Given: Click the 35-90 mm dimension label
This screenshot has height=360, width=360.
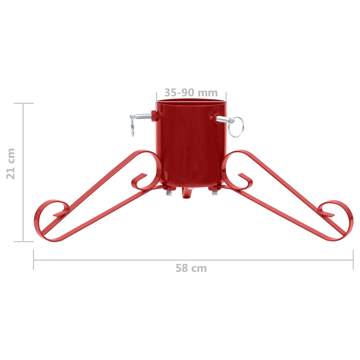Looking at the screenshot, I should tap(191, 93).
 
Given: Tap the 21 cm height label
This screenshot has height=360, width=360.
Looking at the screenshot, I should tap(11, 163).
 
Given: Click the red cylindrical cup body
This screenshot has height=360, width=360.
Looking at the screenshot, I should tap(190, 144).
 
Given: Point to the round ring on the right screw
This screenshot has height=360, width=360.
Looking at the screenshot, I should tap(236, 127).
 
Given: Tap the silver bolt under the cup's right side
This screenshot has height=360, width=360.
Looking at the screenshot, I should tap(214, 192).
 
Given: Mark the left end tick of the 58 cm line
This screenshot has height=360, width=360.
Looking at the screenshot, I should tap(34, 260).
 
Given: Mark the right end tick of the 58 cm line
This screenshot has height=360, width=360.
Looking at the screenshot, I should tap(353, 260).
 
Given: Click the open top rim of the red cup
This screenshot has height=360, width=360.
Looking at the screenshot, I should tap(191, 102).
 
